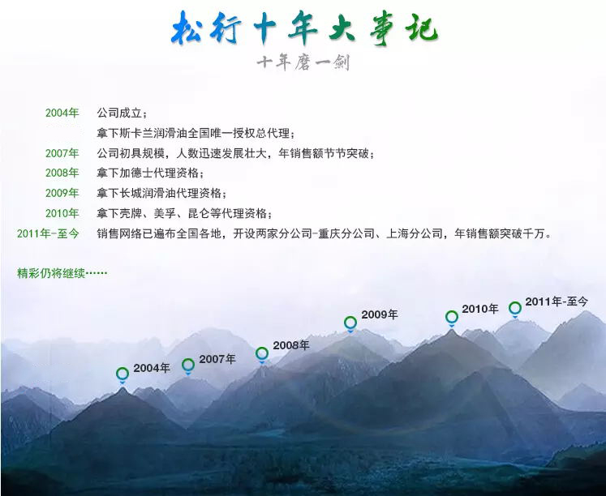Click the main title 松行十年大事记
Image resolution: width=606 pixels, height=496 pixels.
304,29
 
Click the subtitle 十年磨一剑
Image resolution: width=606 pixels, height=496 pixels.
303,62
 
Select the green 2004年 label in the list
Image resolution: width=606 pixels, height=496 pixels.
62,113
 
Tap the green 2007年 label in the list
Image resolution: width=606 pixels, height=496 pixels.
62,153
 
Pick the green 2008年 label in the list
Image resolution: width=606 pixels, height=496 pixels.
62,173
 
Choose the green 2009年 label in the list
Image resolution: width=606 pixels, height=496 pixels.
62,193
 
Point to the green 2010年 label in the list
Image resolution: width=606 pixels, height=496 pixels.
62,213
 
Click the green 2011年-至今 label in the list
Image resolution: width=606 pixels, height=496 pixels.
48,233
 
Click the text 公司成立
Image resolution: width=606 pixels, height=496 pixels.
122,113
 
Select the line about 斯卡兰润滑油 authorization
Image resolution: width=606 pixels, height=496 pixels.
196,133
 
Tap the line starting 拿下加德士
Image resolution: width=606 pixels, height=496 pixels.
150,173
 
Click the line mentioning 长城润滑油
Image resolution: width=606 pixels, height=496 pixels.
161,193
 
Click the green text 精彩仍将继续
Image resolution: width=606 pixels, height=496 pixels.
62,272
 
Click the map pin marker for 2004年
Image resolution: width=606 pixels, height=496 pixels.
122,374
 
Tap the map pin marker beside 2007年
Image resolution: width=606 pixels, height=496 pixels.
188,366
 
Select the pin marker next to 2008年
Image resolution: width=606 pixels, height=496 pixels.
262,353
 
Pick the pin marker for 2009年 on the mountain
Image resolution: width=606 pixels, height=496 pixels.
350,323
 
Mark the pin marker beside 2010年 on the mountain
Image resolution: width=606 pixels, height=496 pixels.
452,317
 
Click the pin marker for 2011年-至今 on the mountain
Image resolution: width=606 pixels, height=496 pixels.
515,308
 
